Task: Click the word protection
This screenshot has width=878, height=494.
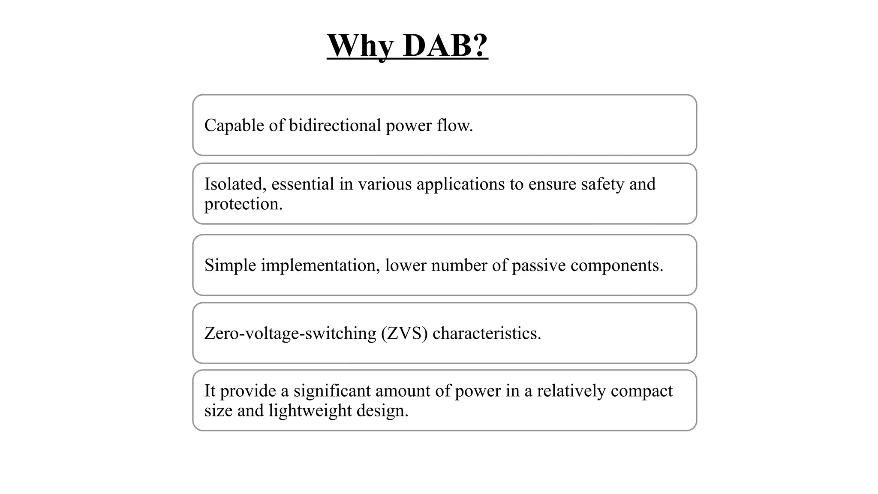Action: pos(243,204)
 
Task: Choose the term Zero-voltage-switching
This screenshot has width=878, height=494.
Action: pos(290,333)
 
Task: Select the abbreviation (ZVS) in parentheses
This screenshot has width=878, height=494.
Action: pos(404,333)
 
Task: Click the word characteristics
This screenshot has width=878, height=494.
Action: pos(487,333)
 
